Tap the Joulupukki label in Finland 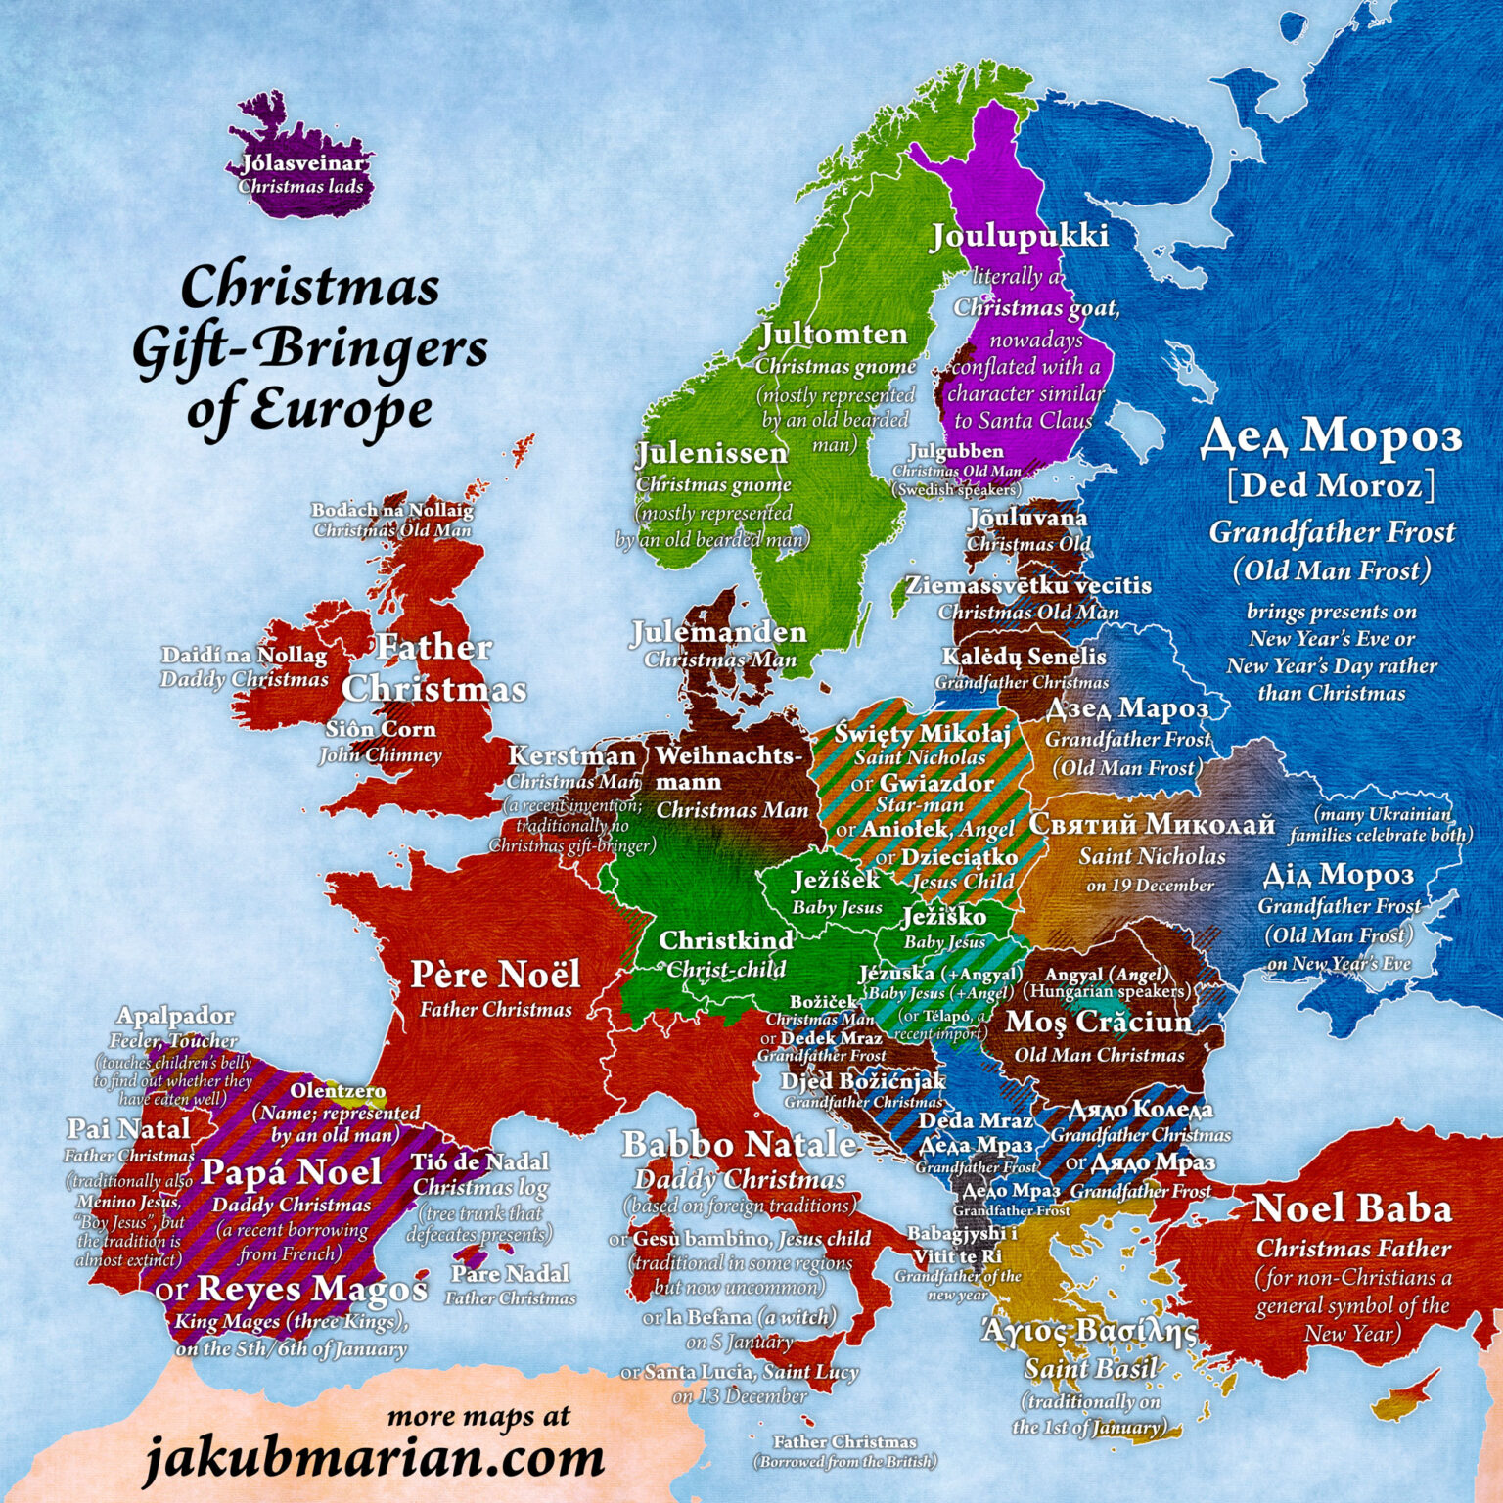(1019, 236)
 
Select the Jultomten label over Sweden (834, 335)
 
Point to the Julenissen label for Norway (711, 454)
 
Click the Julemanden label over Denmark (718, 632)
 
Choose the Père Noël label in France (495, 975)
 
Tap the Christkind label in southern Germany (725, 940)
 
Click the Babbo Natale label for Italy (740, 1144)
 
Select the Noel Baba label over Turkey (1352, 1209)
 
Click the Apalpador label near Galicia (175, 1016)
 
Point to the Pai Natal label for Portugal (128, 1129)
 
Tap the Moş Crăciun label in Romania (1098, 1023)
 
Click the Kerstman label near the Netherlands (571, 756)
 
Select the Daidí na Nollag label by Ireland (244, 655)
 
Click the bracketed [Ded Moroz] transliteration (1332, 485)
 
